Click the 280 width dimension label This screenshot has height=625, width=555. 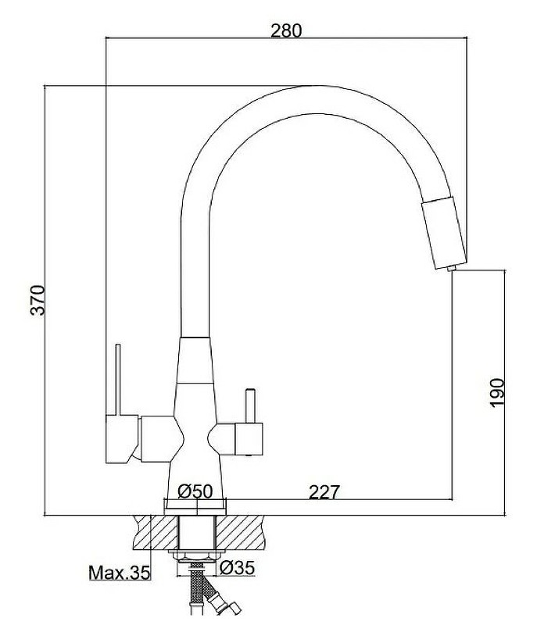(x=285, y=30)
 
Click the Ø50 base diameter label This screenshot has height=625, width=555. (x=195, y=491)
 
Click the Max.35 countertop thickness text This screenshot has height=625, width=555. (x=118, y=573)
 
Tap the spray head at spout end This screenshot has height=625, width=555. (x=446, y=233)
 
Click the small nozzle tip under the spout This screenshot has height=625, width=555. (x=451, y=270)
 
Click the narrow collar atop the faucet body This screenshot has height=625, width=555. (x=195, y=343)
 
